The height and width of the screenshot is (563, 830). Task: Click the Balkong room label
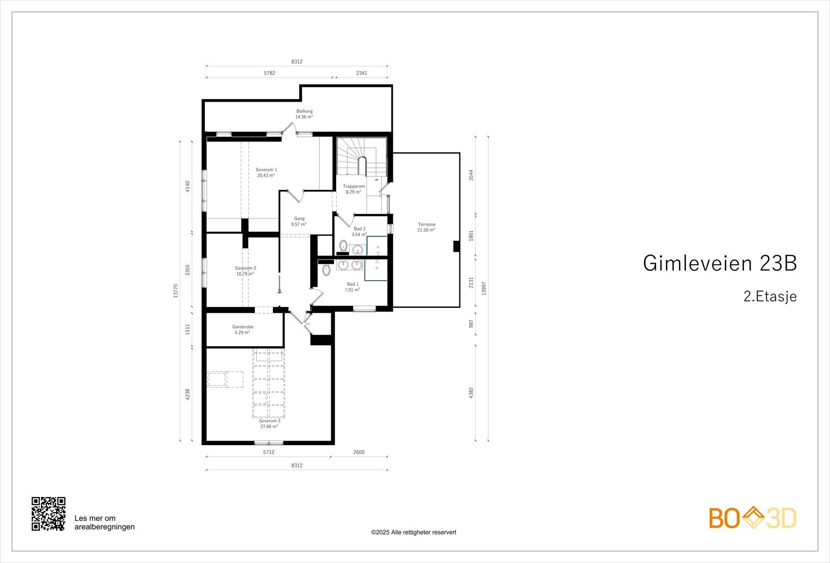pos(304,114)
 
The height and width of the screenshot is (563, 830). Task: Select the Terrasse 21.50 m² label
pos(426,227)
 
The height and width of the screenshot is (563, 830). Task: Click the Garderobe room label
pos(242,329)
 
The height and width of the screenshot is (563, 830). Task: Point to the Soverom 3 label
pos(269,423)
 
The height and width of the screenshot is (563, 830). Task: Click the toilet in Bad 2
pos(343,245)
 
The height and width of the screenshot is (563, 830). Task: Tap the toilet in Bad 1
pos(326,270)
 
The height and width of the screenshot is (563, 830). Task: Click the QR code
pos(48,514)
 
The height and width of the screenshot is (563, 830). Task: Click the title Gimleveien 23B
pos(720,264)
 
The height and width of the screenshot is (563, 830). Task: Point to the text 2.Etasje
pos(769,297)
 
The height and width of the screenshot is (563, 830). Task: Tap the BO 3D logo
pos(753,518)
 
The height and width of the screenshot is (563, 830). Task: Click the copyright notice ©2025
pos(413,532)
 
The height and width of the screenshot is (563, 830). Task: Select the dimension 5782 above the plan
pos(269,73)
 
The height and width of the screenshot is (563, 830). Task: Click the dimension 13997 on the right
pos(484,289)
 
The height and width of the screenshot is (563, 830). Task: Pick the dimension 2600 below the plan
pos(358,452)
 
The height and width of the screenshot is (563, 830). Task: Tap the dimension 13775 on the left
pos(176,291)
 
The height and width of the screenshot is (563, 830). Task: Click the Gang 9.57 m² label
pos(299,222)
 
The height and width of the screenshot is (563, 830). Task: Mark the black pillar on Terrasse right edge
pos(457,246)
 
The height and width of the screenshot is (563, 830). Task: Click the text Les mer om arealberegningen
pos(104,523)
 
